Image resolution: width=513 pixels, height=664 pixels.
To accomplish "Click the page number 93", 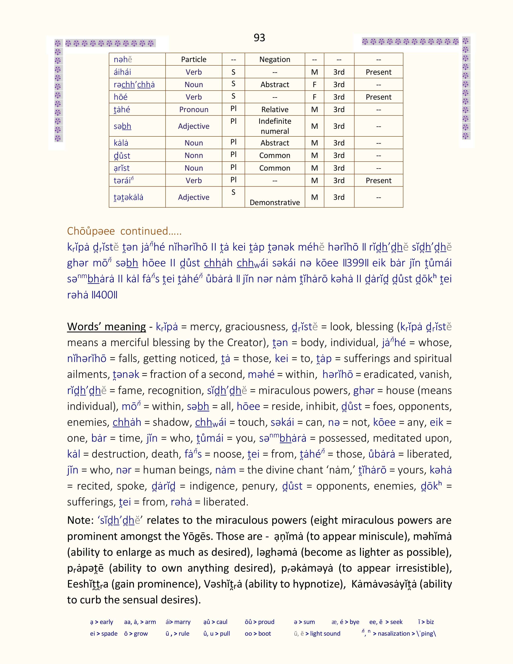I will pos(259,38).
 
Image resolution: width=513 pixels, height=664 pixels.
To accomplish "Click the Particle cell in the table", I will pos(194,59).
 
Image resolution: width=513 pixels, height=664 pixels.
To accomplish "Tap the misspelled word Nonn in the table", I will pos(194,155).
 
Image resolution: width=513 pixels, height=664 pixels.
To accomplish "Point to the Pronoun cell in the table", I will pos(194,109).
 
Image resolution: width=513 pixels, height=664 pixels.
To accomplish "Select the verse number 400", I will pos(104,295).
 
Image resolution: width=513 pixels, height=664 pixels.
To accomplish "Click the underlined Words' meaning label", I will pos(106,327).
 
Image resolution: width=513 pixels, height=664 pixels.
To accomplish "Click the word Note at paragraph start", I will pos(80,520).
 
